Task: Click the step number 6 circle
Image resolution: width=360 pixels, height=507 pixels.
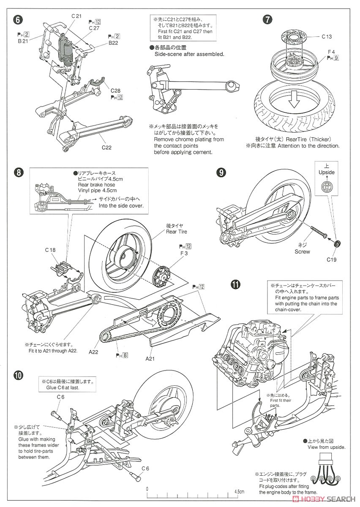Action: [x=17, y=20]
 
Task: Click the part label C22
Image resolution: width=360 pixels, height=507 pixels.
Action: [x=107, y=147]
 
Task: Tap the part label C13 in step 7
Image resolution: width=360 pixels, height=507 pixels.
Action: [x=326, y=37]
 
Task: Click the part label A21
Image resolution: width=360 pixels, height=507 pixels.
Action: [x=151, y=358]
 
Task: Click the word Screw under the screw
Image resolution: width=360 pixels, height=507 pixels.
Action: [x=303, y=252]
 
